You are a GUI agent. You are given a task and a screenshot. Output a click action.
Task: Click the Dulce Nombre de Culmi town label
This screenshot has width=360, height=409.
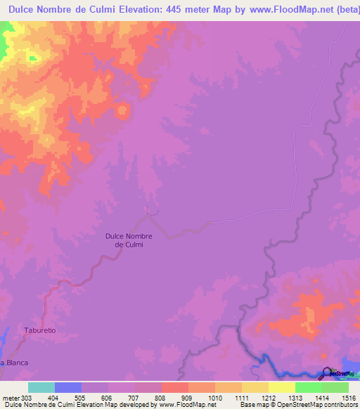pyautogui.click(x=129, y=240)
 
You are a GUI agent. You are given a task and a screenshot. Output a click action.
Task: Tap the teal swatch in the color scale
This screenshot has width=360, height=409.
pyautogui.click(x=41, y=387)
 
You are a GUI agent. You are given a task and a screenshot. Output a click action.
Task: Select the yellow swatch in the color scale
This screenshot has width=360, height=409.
pyautogui.click(x=281, y=387)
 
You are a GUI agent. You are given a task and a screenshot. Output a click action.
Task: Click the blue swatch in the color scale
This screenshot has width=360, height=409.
pyautogui.click(x=68, y=387)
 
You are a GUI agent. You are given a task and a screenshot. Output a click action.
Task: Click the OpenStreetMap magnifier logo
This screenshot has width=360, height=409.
pyautogui.click(x=328, y=375)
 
